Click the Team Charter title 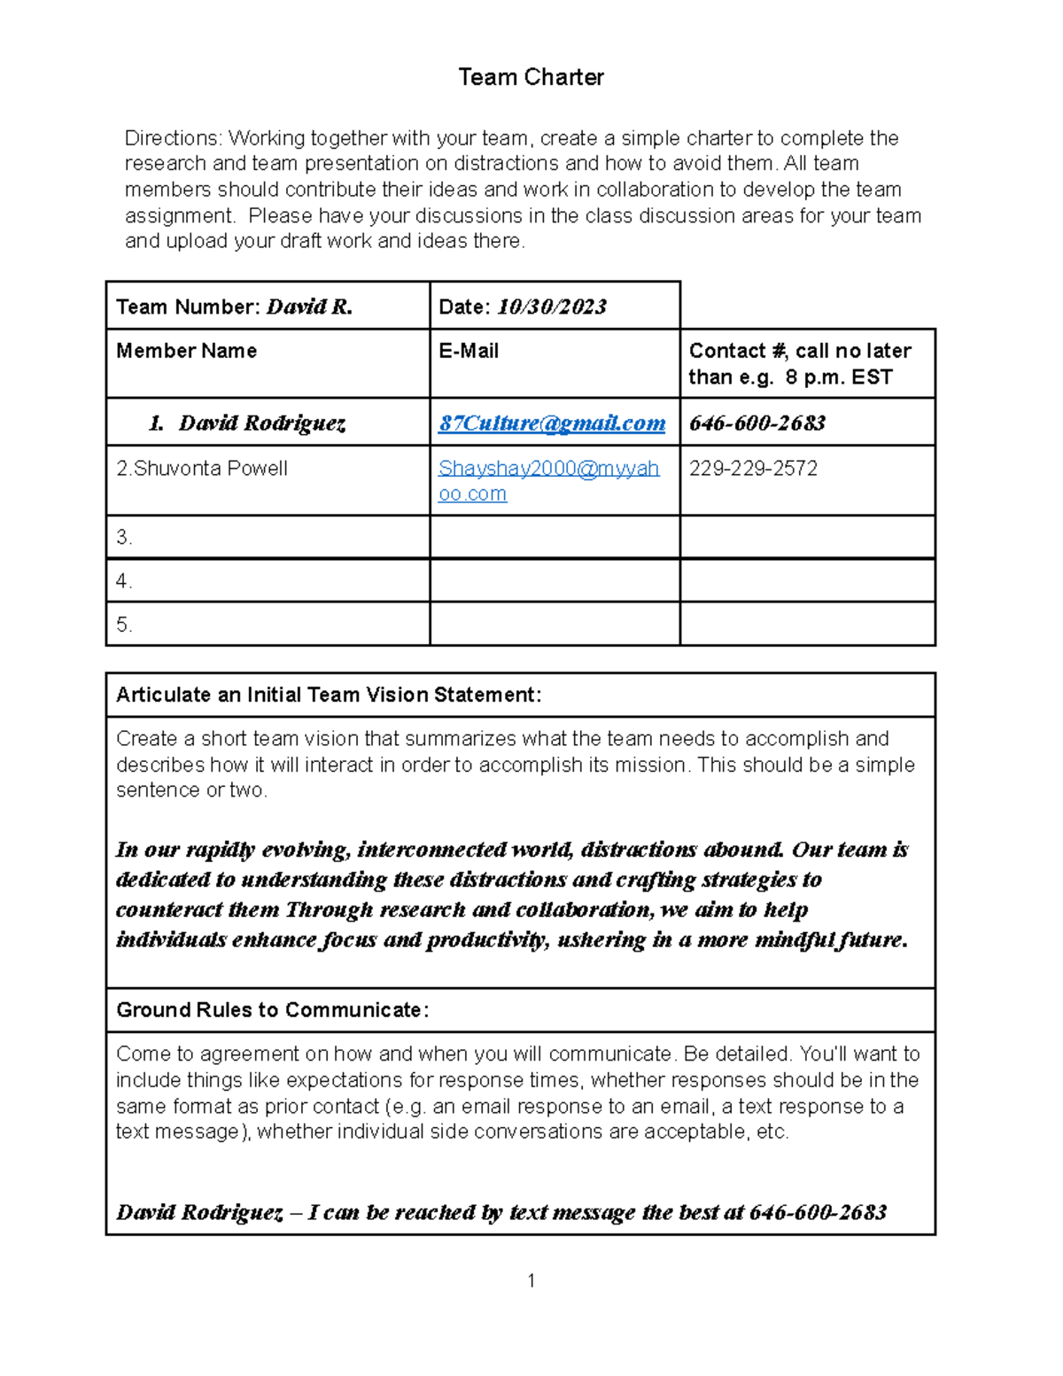tap(531, 77)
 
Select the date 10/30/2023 tap(551, 307)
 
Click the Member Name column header tap(186, 351)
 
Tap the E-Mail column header tap(469, 351)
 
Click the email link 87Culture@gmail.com tap(551, 424)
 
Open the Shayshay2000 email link tap(547, 469)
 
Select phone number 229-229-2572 tap(753, 469)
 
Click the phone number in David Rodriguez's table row tap(757, 424)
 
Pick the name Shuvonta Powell tap(210, 469)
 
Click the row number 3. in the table tap(124, 538)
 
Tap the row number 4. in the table tap(124, 581)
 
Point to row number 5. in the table tap(124, 625)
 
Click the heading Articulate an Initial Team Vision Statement tap(328, 695)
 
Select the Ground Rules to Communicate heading tap(272, 1010)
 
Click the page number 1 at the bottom tap(531, 1280)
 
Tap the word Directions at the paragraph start tap(173, 138)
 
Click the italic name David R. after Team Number tap(309, 307)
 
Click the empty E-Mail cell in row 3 tap(555, 538)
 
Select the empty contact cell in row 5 tap(807, 625)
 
